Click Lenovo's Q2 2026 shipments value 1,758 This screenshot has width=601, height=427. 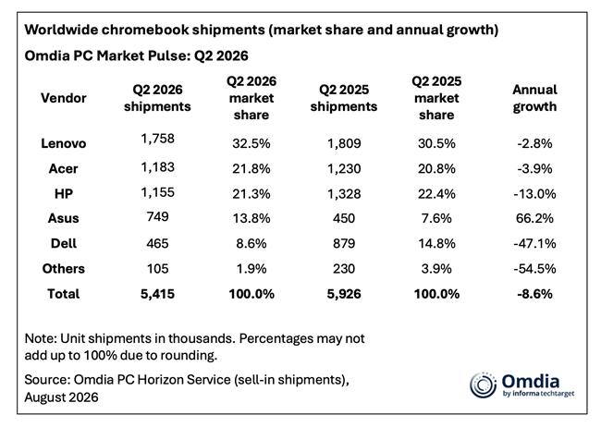tap(157, 139)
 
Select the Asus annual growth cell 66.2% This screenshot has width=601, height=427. tap(534, 218)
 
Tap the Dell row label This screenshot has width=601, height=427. tap(64, 243)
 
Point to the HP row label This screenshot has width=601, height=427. tap(64, 193)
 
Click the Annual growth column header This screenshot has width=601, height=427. tap(534, 98)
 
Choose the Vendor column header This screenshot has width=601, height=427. tap(64, 98)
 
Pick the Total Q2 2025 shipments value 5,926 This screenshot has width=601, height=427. tap(344, 294)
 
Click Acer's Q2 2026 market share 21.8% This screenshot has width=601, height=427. tap(251, 168)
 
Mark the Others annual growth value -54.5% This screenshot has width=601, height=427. tap(534, 268)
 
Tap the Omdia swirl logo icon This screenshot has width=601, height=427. tap(483, 385)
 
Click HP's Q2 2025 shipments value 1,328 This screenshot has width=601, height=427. tap(344, 193)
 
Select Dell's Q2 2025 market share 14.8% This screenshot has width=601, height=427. tap(436, 243)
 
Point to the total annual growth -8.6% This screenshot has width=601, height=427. tap(534, 294)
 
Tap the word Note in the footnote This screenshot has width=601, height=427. tap(41, 338)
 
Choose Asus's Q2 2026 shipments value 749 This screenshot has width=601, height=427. tap(157, 216)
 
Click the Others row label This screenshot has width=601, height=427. tap(64, 268)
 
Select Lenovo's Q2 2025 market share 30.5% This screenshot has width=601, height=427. tap(436, 143)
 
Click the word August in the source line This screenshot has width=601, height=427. tap(43, 397)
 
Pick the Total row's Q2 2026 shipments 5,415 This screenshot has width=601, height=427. tap(157, 294)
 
